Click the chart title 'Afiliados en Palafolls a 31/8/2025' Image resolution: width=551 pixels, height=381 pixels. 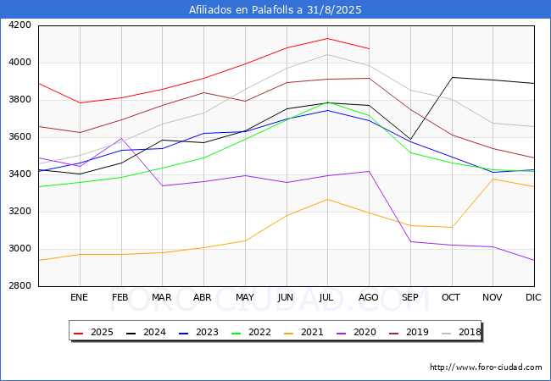(275, 10)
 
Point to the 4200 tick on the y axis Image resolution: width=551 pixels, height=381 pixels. (20, 25)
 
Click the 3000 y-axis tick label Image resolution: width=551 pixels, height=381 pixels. (20, 249)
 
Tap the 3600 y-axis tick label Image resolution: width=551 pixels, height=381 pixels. (20, 137)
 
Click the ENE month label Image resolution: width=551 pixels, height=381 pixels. (79, 297)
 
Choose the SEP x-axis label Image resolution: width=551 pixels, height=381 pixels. (410, 297)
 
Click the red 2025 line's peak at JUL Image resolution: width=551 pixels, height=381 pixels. (327, 38)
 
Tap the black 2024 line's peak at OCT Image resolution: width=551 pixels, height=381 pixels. (452, 77)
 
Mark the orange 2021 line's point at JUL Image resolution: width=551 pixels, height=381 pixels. (327, 199)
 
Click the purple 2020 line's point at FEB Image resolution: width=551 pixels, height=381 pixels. (120, 138)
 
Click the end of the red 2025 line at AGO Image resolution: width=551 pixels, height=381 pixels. (369, 48)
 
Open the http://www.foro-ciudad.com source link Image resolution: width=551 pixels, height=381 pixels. (486, 367)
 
